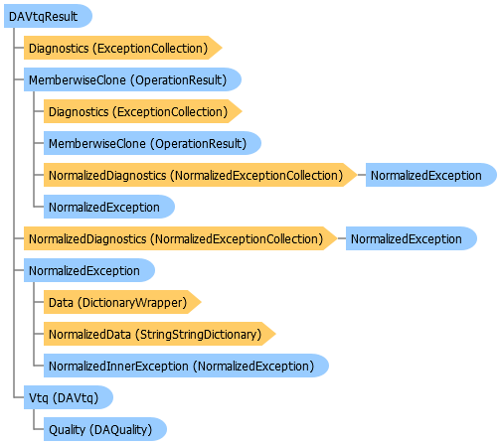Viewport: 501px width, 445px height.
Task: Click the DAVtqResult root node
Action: tap(48, 16)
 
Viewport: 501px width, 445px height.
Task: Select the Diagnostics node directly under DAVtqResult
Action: tap(122, 48)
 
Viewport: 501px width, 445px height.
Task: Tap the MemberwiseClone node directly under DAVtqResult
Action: tap(132, 79)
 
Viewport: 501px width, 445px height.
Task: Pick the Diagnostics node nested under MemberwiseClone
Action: tap(143, 111)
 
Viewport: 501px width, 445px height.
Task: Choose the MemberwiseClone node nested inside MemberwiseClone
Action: tap(152, 143)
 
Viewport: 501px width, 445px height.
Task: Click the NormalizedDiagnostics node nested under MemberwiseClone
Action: tap(201, 175)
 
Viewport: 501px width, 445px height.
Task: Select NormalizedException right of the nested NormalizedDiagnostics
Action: tap(431, 175)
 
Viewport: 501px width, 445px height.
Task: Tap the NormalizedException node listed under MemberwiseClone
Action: tap(109, 207)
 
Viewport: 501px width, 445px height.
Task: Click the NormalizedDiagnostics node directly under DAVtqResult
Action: tap(181, 238)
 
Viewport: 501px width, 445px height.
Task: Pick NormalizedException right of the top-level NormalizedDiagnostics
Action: tap(412, 238)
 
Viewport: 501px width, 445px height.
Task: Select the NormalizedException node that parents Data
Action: tap(89, 270)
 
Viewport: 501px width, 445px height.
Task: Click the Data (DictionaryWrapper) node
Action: tap(122, 302)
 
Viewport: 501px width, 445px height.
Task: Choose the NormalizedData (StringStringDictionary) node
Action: tap(160, 334)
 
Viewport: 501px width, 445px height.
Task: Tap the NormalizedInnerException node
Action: tap(186, 366)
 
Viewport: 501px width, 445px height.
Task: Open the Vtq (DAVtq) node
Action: tap(69, 397)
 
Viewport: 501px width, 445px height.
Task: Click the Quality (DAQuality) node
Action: tap(105, 429)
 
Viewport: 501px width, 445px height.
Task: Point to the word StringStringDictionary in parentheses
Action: tap(199, 335)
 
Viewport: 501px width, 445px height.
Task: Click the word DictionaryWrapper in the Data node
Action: tap(132, 303)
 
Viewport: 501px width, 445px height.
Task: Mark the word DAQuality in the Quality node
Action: tap(120, 430)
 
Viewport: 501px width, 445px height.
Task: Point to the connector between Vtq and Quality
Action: tap(34, 419)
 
